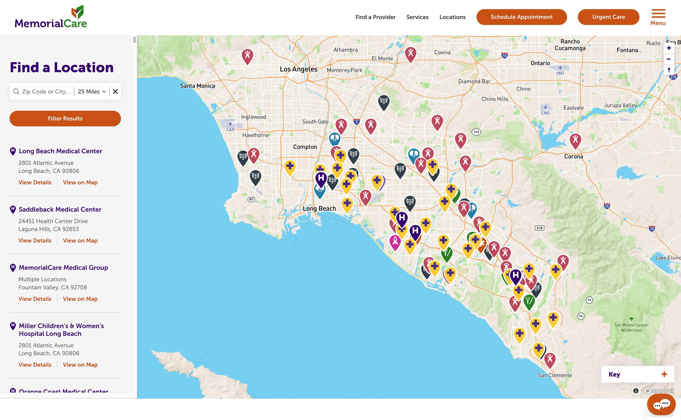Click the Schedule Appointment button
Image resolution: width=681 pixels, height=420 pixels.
point(521,17)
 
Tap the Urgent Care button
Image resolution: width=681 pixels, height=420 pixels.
point(608,17)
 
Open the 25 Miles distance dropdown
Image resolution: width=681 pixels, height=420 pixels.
point(92,91)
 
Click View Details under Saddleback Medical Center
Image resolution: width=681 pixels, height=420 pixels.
point(35,241)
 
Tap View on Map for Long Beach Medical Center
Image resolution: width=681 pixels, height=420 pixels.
point(80,182)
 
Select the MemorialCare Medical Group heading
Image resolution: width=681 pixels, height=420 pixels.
point(63,268)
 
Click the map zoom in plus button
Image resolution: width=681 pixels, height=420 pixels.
point(669,48)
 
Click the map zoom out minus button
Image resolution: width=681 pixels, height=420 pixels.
point(669,59)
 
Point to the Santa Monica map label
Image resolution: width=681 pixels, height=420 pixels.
point(197,86)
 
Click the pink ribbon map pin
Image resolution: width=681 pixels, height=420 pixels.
point(395,241)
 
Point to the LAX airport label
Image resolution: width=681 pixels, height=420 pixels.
point(230,129)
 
